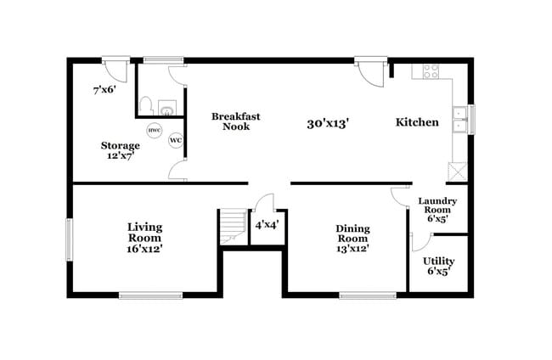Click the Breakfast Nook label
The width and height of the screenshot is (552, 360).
pos(229,121)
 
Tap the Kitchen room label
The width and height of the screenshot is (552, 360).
pos(417,122)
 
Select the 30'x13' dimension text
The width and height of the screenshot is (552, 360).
pos(328,123)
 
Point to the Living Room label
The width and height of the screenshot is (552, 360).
pos(144,238)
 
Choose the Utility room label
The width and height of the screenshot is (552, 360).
pos(438,266)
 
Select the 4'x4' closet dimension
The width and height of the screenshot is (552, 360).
pos(268,225)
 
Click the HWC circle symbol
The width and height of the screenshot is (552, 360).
pos(154,131)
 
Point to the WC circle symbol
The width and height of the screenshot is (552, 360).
pos(176,140)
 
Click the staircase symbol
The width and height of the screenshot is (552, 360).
pos(232,228)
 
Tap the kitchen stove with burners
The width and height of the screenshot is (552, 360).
pos(424,71)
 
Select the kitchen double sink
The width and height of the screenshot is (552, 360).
pos(460,119)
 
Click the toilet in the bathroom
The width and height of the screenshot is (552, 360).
pos(147,107)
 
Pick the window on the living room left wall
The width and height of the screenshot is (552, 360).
pos(70,239)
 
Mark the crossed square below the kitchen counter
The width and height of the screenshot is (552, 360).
pos(457,172)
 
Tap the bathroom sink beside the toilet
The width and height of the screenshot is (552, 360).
pos(166,108)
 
